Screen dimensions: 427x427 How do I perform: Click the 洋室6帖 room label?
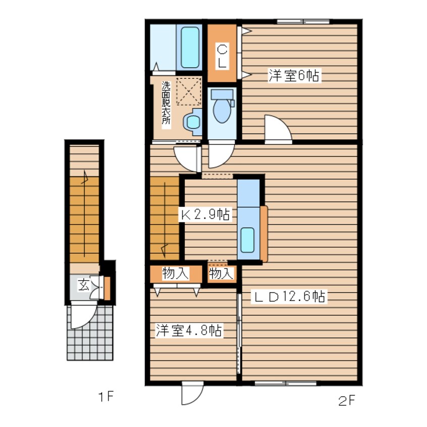coord(293,76)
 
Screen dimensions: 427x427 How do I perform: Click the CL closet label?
coord(222,57)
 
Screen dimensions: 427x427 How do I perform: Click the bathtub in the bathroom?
coord(190,47)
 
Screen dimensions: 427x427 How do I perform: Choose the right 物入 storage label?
coord(222,274)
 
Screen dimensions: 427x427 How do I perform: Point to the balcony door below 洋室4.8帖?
coord(192,393)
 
